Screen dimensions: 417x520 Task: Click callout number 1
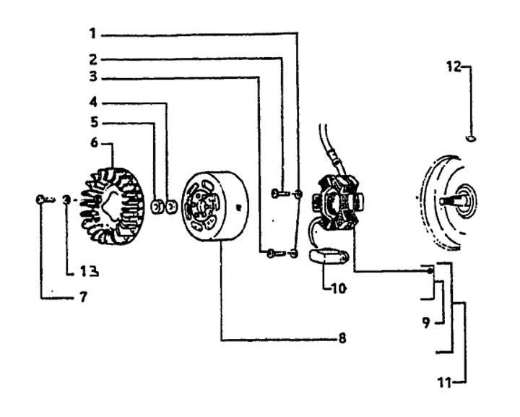[92, 33]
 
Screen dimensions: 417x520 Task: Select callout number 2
[92, 58]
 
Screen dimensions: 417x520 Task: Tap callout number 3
[93, 76]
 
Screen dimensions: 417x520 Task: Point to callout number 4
[93, 102]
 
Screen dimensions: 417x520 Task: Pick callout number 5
[93, 122]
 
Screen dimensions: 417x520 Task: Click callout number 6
[93, 143]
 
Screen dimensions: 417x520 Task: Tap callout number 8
[342, 338]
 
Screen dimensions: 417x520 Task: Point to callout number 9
[428, 322]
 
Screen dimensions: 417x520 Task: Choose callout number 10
[339, 288]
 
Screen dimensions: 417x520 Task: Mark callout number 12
[454, 66]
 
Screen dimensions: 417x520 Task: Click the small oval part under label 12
[472, 138]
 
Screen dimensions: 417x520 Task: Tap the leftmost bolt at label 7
[40, 199]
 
